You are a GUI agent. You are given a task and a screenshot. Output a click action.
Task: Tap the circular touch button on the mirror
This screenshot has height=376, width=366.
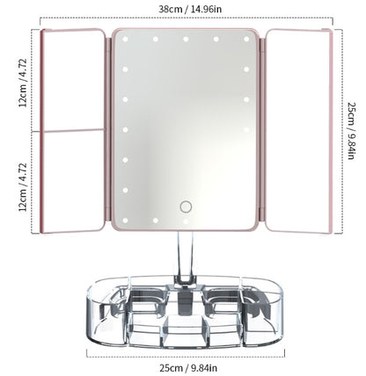click(x=186, y=206)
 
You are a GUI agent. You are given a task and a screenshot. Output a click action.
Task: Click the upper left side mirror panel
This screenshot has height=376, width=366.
click(x=72, y=79)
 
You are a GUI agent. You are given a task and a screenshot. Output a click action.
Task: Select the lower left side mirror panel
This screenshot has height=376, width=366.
click(x=72, y=181)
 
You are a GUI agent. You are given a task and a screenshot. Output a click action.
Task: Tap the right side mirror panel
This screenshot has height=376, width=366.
click(x=297, y=132)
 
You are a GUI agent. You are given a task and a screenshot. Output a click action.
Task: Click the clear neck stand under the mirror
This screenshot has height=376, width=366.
click(x=186, y=255)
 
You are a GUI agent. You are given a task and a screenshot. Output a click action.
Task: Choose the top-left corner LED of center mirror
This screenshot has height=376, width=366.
click(x=125, y=40)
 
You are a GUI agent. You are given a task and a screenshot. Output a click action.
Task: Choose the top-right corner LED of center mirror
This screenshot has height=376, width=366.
click(x=245, y=40)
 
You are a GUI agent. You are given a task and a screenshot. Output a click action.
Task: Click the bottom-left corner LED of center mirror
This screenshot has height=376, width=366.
click(x=125, y=219)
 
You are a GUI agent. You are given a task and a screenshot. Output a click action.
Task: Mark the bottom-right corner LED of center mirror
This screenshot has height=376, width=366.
click(x=245, y=219)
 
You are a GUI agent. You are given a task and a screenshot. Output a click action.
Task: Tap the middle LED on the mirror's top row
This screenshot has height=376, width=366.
click(x=186, y=40)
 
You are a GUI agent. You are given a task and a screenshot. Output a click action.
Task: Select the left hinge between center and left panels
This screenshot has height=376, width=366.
click(x=108, y=132)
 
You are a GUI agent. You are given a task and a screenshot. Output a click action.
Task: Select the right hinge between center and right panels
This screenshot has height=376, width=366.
click(x=262, y=132)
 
